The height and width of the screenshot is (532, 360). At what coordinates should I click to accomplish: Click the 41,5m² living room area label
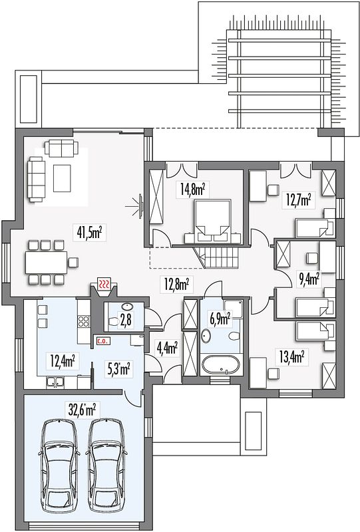point(88,233)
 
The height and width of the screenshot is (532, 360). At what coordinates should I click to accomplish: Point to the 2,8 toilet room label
point(126,320)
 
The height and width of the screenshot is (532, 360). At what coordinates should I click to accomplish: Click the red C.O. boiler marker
point(102,341)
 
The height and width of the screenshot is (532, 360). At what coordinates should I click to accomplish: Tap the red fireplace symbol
point(104,285)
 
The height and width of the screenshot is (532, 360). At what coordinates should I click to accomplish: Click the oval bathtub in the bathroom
point(220,365)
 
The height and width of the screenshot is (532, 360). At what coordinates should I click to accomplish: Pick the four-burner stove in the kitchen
point(84,321)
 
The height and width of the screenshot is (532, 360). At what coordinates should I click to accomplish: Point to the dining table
point(46,262)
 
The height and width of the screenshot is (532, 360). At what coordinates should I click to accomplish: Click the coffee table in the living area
point(62,178)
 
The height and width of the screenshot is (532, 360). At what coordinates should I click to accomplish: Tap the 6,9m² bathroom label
point(220,318)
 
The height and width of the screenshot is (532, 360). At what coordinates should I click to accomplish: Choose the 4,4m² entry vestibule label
point(167,347)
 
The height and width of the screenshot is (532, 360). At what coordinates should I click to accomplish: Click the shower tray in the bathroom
point(233,309)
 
